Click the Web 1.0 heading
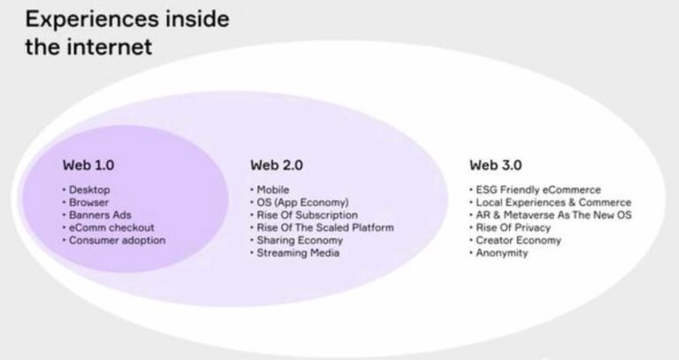[x=88, y=165]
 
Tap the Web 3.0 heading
[x=495, y=165]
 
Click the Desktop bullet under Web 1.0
[x=90, y=190]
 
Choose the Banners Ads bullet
[x=101, y=215]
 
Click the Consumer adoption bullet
[x=117, y=240]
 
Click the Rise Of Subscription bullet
[x=307, y=215]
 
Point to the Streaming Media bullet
[x=298, y=253]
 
